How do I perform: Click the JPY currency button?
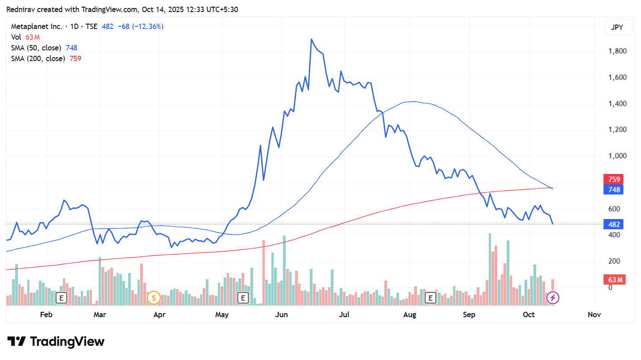616,27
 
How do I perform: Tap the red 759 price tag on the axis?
614,179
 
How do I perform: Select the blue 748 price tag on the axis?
614,190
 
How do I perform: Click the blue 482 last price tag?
614,224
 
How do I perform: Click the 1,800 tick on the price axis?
617,51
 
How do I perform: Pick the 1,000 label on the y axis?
617,156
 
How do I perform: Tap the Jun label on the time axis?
282,314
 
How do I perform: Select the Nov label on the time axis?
594,314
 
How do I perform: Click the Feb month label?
46,314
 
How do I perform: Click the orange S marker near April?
154,298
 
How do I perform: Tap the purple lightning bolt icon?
553,298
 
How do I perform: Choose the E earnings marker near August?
431,298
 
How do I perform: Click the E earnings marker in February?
61,298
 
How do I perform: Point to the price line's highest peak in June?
311,39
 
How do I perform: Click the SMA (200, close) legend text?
38,58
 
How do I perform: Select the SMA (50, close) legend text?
36,48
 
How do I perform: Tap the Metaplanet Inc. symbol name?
37,26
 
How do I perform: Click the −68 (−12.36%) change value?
140,26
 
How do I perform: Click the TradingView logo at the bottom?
56,342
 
